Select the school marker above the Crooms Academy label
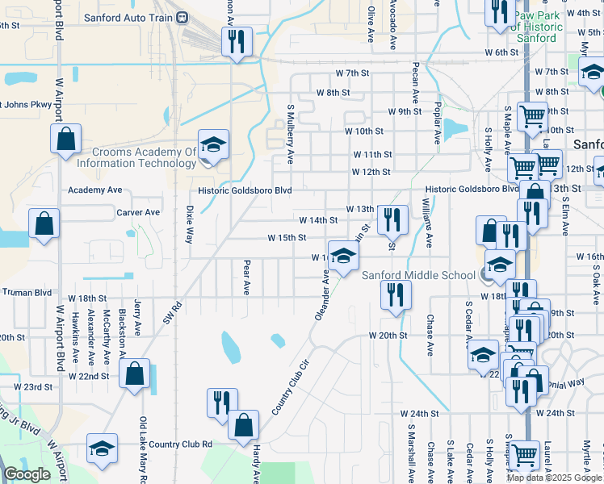(x=213, y=145)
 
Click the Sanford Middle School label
(x=417, y=275)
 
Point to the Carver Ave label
(x=137, y=213)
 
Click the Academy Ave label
(x=94, y=190)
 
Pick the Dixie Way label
(x=191, y=224)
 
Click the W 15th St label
(x=287, y=238)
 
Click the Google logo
(x=27, y=474)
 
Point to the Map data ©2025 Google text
(x=553, y=478)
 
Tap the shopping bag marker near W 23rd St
(x=134, y=375)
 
